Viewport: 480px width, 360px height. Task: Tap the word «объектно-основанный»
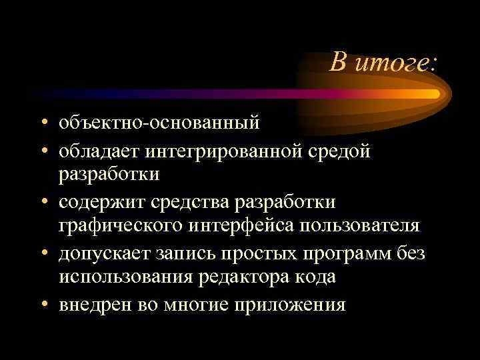[159, 124]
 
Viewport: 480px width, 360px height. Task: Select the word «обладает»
[97, 151]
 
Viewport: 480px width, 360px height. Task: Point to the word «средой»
[337, 151]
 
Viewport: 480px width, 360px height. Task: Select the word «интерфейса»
[241, 226]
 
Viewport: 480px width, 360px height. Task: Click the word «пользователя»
[361, 226]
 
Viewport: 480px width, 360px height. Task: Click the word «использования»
[124, 278]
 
